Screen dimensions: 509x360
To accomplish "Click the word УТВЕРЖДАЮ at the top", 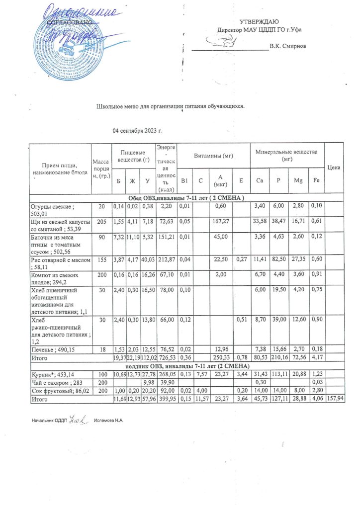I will point(259,21).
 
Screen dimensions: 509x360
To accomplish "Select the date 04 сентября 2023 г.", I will point(138,131).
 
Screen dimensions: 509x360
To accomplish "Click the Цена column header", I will point(334,168).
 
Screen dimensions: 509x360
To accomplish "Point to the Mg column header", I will point(298,180).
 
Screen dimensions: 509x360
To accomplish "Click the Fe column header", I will point(317,180).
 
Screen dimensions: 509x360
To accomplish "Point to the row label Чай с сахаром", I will point(54,381).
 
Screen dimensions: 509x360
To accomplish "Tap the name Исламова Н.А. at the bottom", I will point(108,421).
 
